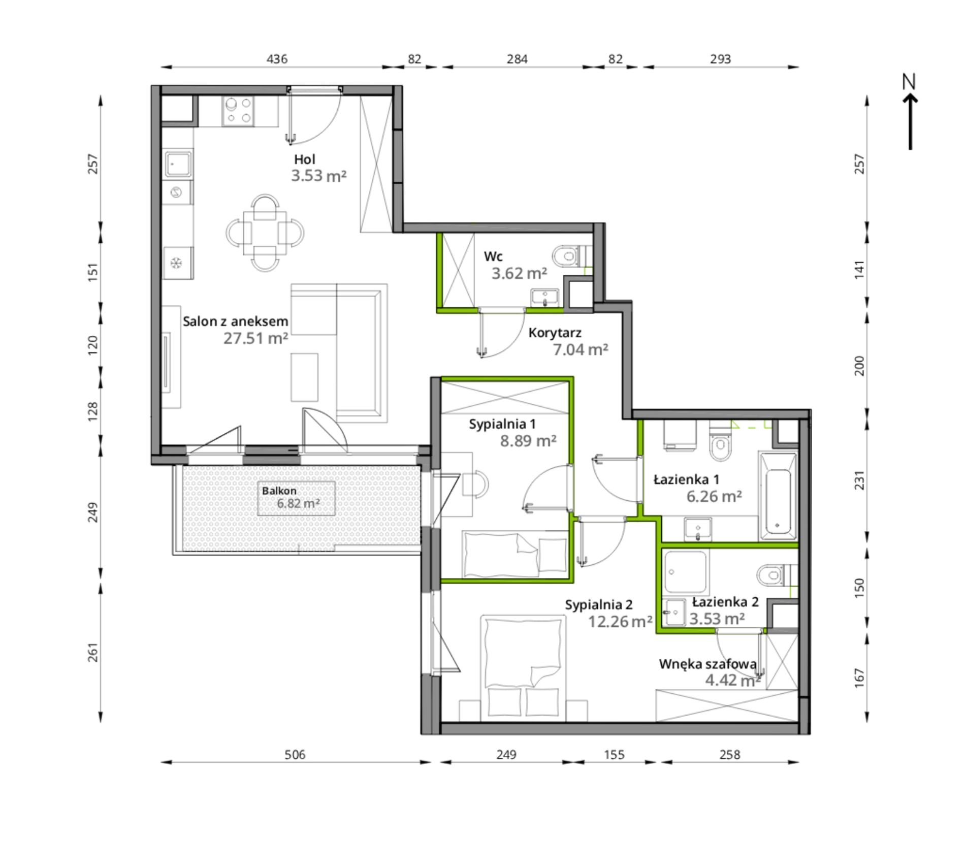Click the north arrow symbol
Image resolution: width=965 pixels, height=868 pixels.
pyautogui.click(x=910, y=112)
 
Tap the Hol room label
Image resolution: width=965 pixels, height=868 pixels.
pyautogui.click(x=304, y=159)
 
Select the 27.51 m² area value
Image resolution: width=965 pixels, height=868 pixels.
pyautogui.click(x=255, y=338)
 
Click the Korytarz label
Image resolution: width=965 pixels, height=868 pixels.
pyautogui.click(x=555, y=333)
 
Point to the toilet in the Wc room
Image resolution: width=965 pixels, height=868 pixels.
pyautogui.click(x=571, y=256)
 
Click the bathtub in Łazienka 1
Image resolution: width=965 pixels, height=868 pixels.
pyautogui.click(x=777, y=496)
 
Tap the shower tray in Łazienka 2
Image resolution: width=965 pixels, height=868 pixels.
pyautogui.click(x=686, y=571)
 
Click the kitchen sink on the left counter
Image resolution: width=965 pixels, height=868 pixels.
pyautogui.click(x=178, y=164)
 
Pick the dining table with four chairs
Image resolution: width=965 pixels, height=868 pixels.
pyautogui.click(x=265, y=233)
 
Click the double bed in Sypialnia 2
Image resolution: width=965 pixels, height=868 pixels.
pyautogui.click(x=523, y=667)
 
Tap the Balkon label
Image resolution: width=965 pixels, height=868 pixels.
pyautogui.click(x=279, y=491)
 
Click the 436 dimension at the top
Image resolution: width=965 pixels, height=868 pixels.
pyautogui.click(x=277, y=59)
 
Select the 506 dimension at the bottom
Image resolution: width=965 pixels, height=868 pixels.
pyautogui.click(x=295, y=755)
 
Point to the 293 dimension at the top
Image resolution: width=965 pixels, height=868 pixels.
pyautogui.click(x=720, y=59)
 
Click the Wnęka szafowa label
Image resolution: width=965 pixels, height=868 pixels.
pyautogui.click(x=707, y=664)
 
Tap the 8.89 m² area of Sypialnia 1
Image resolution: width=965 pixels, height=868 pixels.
pyautogui.click(x=528, y=441)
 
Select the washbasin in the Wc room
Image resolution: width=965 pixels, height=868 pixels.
pyautogui.click(x=545, y=297)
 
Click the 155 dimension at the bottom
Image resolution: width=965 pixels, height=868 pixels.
pyautogui.click(x=614, y=755)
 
